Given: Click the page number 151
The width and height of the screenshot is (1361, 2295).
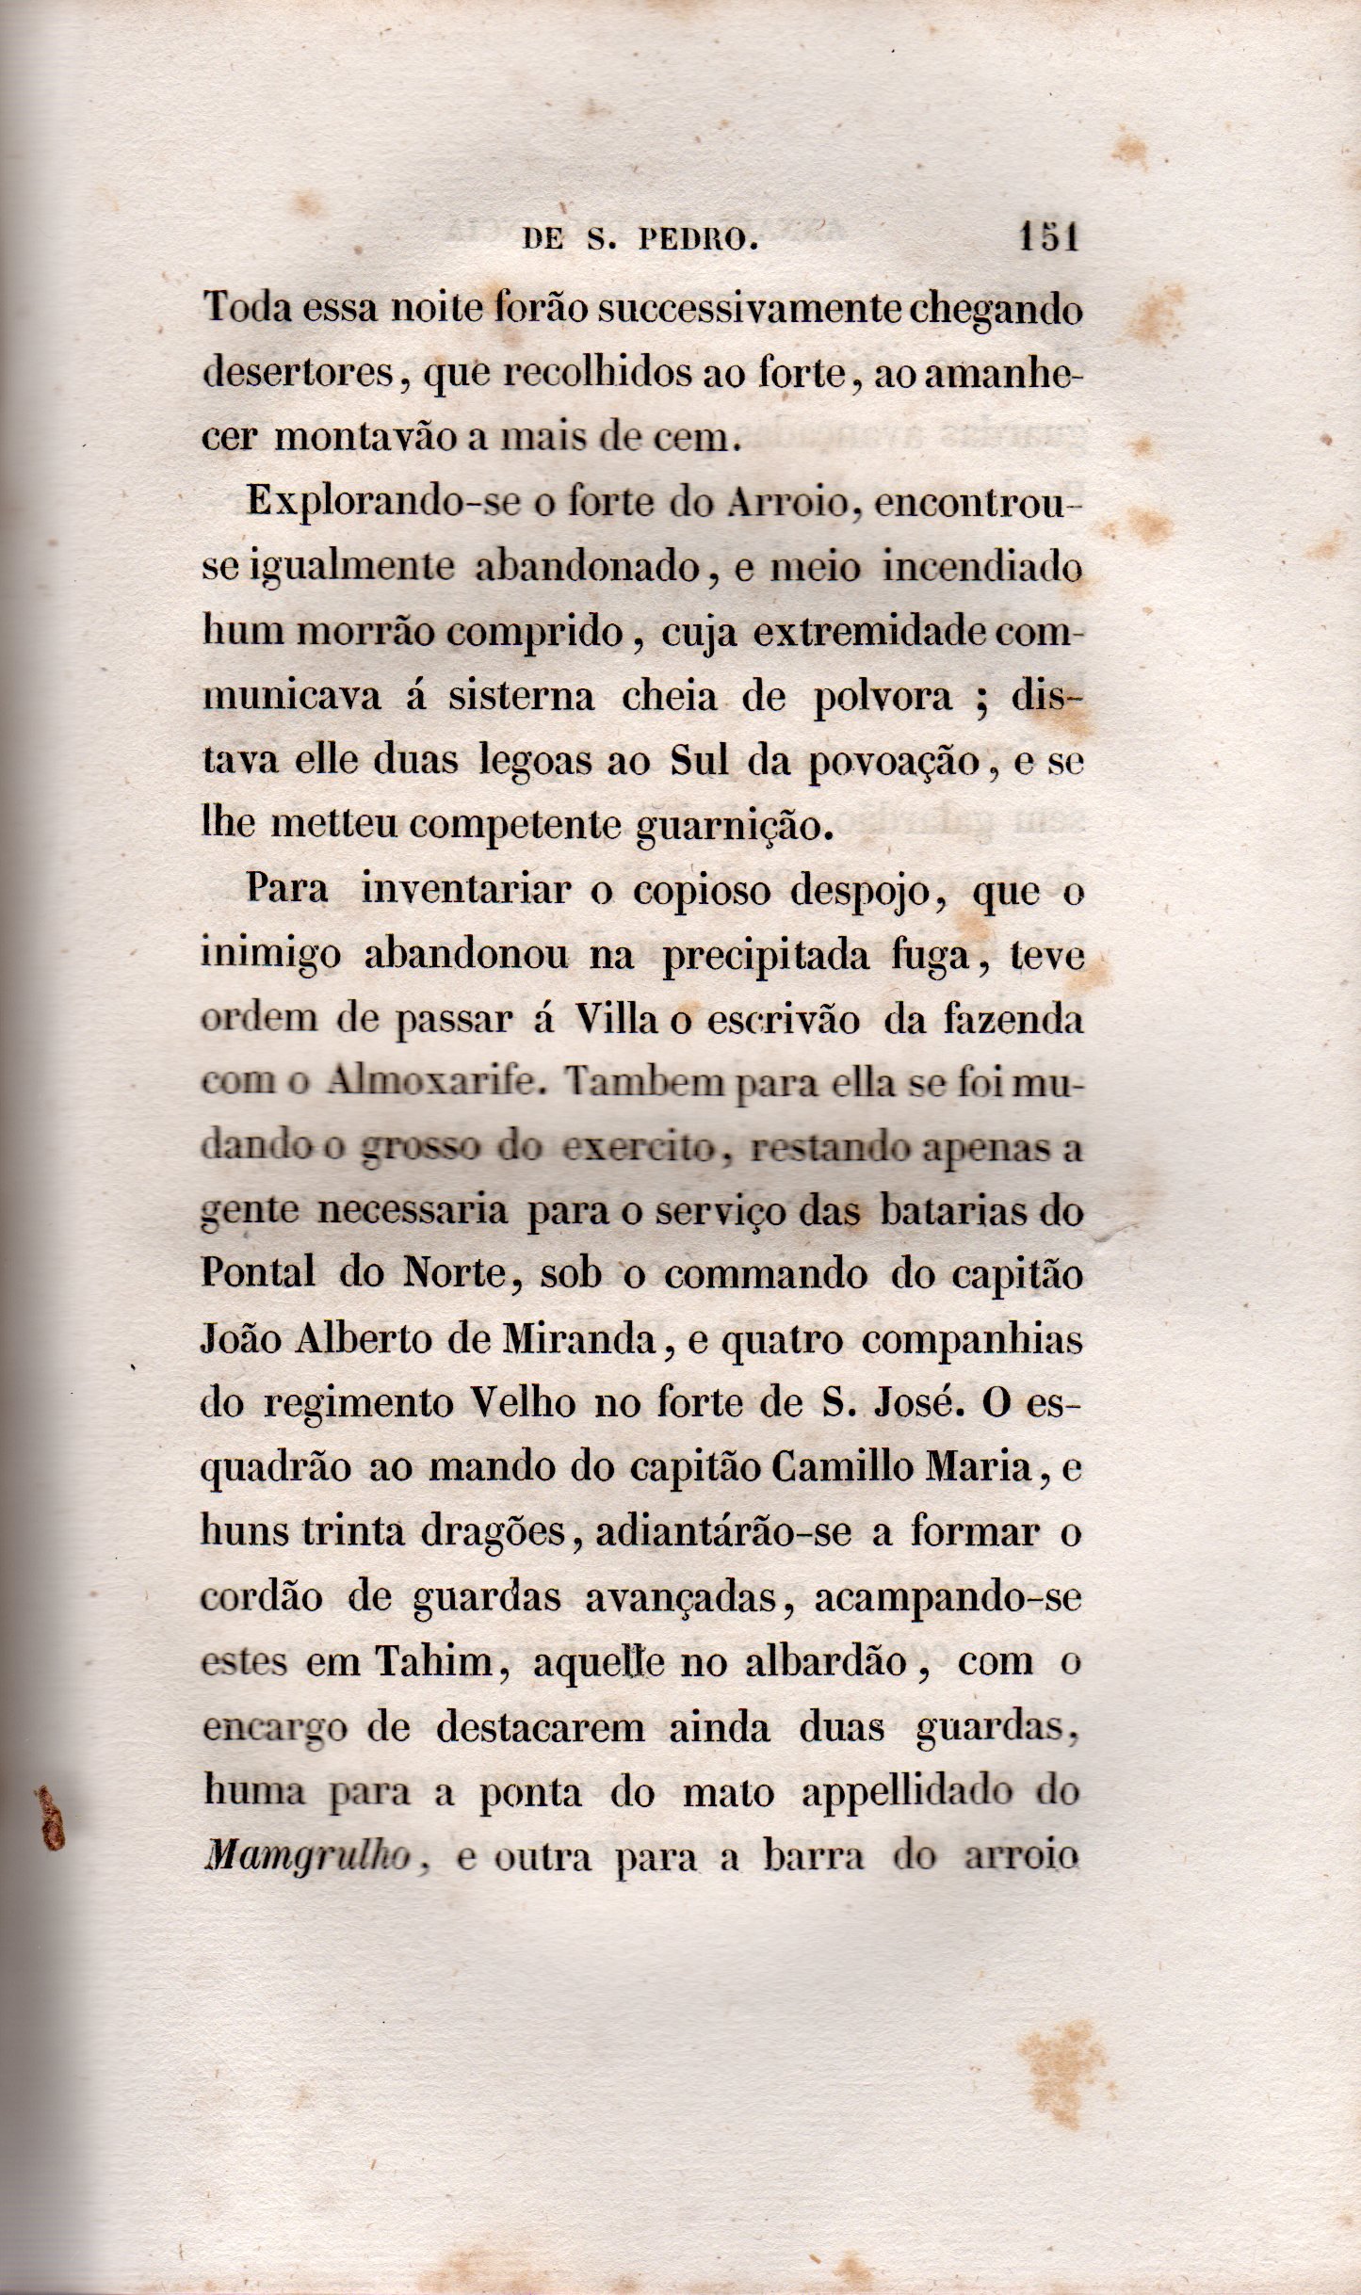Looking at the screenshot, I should point(1048,237).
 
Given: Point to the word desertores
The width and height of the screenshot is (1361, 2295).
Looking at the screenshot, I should point(299,373).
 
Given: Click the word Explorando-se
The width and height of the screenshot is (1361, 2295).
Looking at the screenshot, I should point(383,501).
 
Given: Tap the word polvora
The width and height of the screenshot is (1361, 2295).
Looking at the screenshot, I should point(883,698).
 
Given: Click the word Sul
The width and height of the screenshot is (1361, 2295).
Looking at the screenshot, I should point(699,760).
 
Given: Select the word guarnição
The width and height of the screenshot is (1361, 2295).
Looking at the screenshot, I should point(735,826).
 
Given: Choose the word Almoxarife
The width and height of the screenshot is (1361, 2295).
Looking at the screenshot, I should point(434,1083).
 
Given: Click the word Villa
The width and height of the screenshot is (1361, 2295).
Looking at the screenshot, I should point(616,1019).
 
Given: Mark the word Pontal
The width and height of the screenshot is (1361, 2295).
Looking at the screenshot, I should point(258,1274).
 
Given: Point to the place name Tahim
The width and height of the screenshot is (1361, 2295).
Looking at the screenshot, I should point(434,1661).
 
